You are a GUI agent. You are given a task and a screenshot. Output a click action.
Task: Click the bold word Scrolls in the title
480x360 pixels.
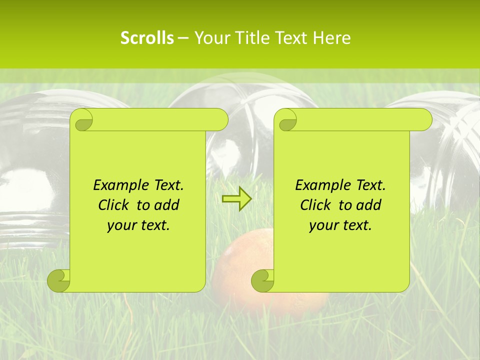coord(147,38)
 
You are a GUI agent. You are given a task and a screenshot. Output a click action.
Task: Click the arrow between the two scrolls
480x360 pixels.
coord(237,199)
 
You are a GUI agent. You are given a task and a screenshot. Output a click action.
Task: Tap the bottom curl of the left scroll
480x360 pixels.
coord(59,280)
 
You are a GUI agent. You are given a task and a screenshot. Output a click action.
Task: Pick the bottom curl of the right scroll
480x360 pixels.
coord(262,280)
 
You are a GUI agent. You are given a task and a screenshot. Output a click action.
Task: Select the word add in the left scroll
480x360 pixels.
coord(167,205)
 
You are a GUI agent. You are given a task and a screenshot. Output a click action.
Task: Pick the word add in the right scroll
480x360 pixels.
coord(369,205)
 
